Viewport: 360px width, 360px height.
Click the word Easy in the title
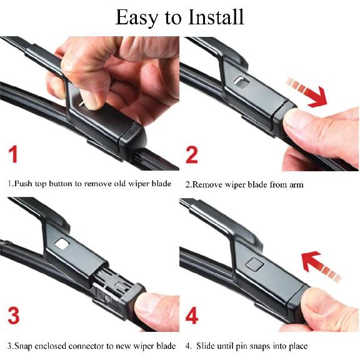tap(137, 18)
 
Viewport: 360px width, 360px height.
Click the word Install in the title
tap(216, 17)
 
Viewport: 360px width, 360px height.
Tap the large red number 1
tap(13, 154)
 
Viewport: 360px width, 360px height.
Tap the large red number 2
tap(191, 155)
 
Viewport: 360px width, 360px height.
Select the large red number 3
tap(14, 316)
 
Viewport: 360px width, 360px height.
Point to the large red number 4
tap(192, 316)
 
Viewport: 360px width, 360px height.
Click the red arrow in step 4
tap(320, 266)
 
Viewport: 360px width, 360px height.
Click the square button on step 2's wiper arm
tap(241, 82)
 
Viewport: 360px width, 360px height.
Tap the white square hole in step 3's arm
tap(62, 244)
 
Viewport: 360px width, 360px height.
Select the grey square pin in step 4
tap(254, 264)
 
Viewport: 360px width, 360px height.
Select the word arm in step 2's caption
tap(296, 185)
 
